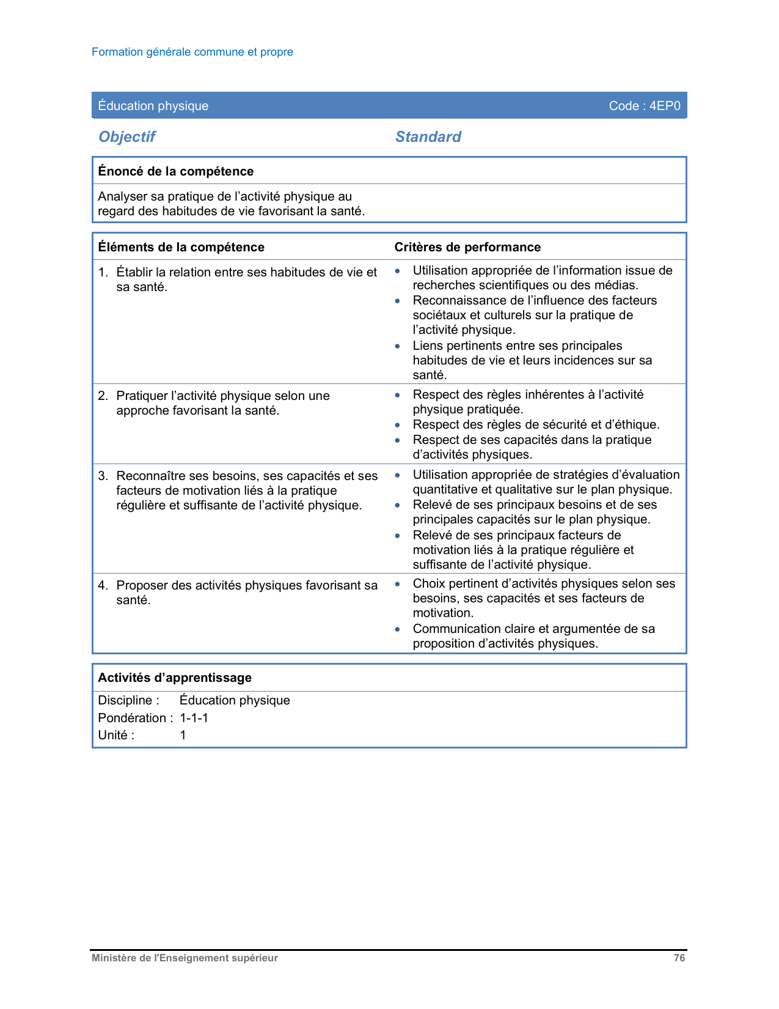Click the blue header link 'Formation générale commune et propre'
pos(192,52)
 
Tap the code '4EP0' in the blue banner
pos(665,106)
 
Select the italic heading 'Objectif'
pos(127,136)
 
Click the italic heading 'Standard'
pos(428,136)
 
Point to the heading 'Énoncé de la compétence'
pos(175,171)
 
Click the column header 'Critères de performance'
pos(467,247)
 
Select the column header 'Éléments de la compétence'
pos(181,247)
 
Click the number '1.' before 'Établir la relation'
pos(103,272)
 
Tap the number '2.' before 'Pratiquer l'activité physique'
pos(103,396)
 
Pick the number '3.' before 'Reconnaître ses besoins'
pos(103,476)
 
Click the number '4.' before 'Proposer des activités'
pos(103,585)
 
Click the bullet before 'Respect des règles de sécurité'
pos(398,425)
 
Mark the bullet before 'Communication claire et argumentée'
pos(398,629)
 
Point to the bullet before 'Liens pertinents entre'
pos(398,346)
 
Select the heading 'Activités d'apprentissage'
pos(175,678)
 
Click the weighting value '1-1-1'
pos(194,718)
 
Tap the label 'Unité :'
pos(116,735)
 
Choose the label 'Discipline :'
pos(128,700)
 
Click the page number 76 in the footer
pos(679,958)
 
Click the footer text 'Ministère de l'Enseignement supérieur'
pos(185,958)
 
